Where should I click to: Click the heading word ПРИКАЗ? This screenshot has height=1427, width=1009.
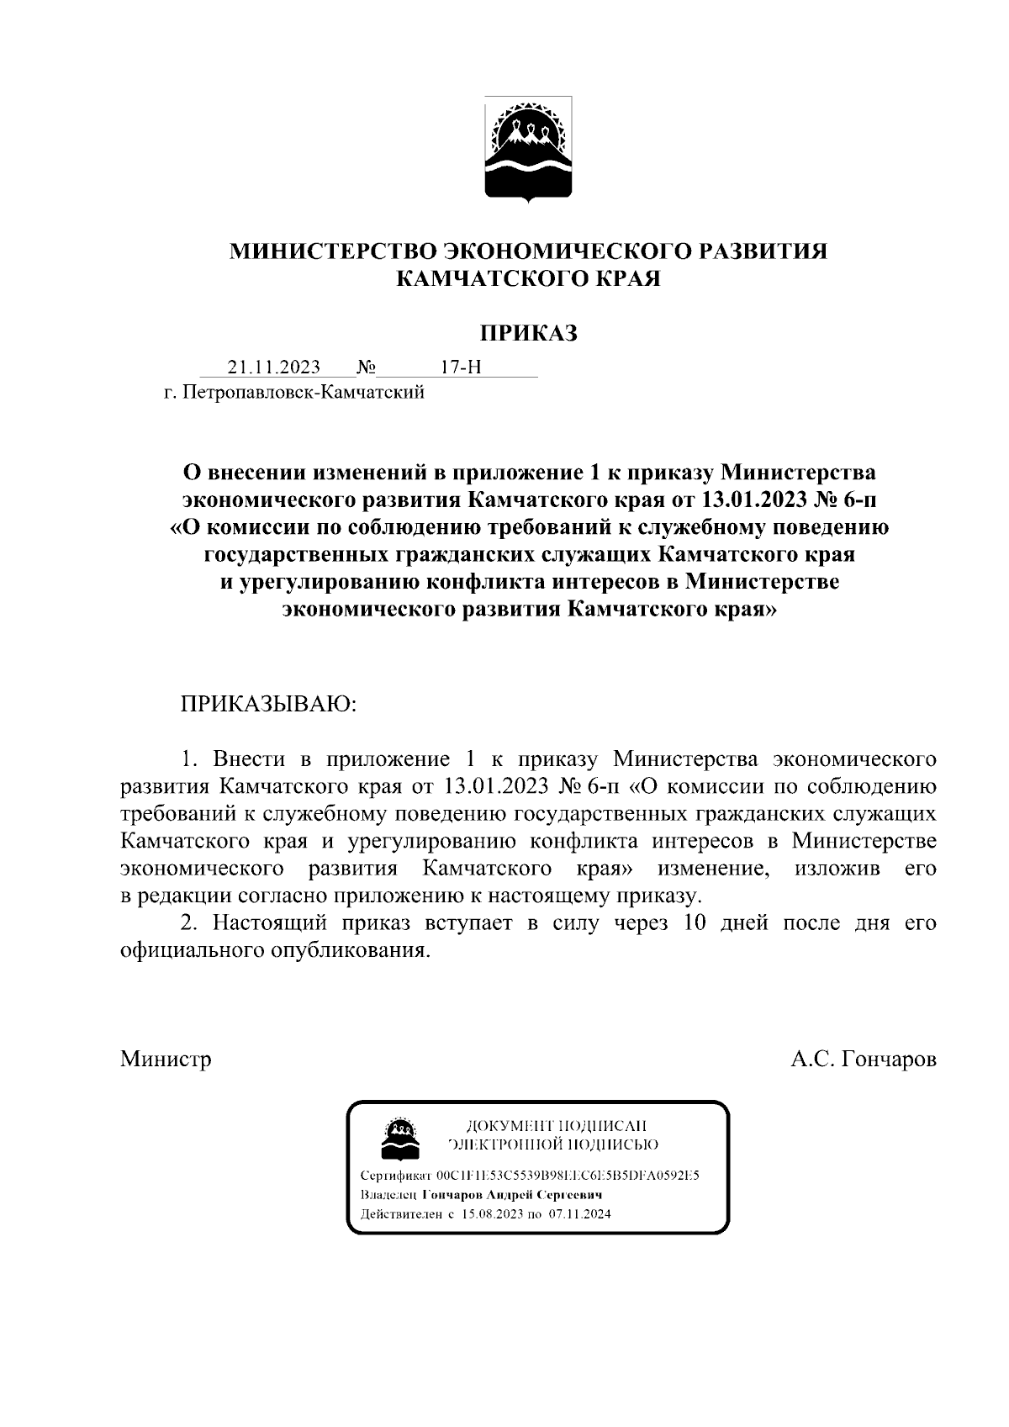[x=529, y=334]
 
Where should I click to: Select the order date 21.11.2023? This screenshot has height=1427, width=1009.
[x=273, y=367]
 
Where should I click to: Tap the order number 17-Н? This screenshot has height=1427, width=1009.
[x=460, y=367]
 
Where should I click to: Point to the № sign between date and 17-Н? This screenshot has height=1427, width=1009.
[x=366, y=367]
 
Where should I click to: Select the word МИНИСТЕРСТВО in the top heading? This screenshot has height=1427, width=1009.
[x=334, y=251]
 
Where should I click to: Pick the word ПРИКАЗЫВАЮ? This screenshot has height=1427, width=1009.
[x=268, y=703]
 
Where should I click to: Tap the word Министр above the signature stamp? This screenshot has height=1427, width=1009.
[x=166, y=1059]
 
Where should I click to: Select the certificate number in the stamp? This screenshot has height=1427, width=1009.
[x=568, y=1176]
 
